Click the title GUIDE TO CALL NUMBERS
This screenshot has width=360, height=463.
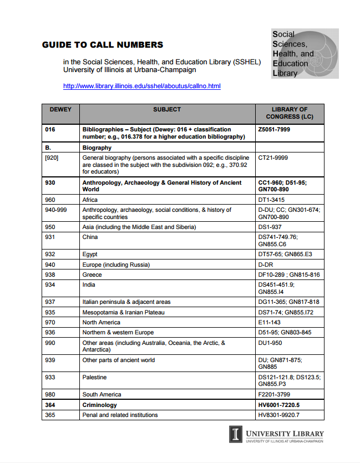click(103, 45)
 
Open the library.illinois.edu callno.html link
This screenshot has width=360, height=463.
click(142, 86)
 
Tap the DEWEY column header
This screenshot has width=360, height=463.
click(60, 110)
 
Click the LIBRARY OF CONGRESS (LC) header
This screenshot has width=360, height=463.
click(290, 113)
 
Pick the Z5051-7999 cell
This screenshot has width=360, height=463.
click(274, 129)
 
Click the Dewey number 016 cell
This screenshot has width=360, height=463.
click(50, 129)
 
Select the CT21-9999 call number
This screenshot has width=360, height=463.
click(273, 157)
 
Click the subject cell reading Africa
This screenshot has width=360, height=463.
click(90, 200)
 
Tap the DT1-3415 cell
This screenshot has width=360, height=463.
click(271, 200)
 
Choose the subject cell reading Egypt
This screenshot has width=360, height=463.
click(90, 254)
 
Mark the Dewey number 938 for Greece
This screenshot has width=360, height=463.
click(50, 274)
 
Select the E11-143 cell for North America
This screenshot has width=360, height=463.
click(270, 322)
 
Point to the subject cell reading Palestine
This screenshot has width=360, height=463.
click(94, 377)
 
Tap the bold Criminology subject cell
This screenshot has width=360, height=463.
click(100, 405)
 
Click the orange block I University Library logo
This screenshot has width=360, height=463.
click(236, 434)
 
